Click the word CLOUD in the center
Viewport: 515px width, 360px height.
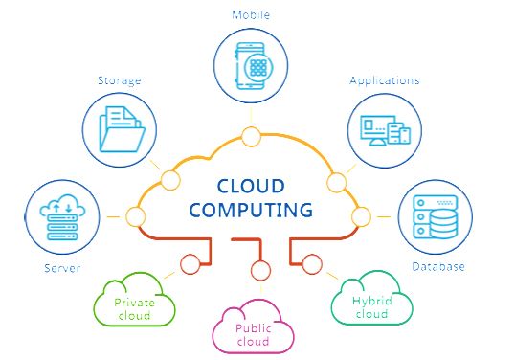252,185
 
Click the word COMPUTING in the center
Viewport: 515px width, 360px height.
251,208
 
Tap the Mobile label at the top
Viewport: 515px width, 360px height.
251,14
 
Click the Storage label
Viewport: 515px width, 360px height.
119,80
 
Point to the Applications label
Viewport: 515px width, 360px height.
384,80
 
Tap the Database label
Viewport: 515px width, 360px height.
437,266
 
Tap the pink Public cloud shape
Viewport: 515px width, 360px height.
255,328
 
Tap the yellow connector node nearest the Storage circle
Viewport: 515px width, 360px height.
172,179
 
